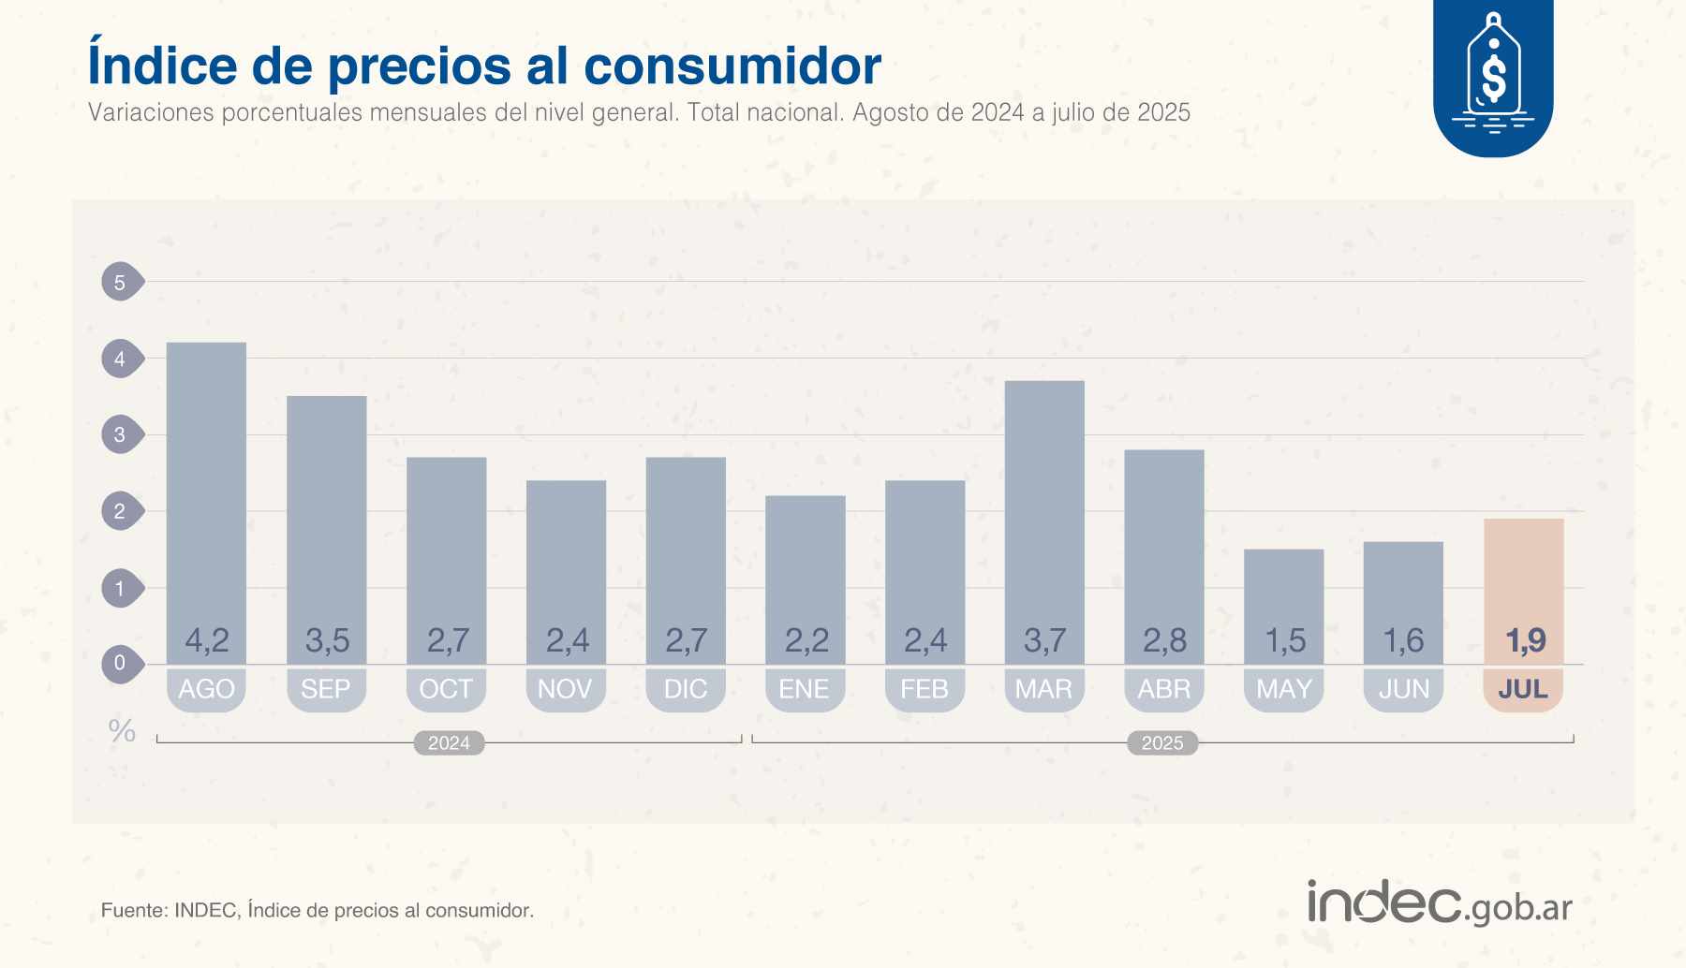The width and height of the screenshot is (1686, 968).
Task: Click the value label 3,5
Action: (x=327, y=640)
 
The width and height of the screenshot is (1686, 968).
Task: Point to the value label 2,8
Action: (x=1164, y=640)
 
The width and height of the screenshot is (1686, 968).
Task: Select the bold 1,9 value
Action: (x=1524, y=640)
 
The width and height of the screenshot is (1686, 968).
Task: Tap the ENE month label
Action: (x=805, y=689)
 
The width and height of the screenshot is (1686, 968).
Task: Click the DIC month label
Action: (x=686, y=689)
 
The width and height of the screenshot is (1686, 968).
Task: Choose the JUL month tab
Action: (x=1523, y=689)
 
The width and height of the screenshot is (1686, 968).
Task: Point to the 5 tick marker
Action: (x=120, y=282)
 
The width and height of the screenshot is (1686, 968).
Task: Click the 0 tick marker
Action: (x=120, y=664)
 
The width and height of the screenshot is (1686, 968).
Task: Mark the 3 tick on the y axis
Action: (x=120, y=434)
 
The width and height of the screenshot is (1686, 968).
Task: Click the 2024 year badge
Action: (x=449, y=742)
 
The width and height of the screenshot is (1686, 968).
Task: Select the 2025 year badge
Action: (x=1162, y=742)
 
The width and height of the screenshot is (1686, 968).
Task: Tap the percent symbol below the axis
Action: (x=122, y=730)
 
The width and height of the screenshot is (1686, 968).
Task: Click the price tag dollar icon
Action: (x=1493, y=75)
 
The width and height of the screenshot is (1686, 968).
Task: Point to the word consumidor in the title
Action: (x=732, y=66)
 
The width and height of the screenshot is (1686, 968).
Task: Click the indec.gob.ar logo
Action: (x=1439, y=902)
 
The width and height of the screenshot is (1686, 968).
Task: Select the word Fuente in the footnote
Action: (x=133, y=910)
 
